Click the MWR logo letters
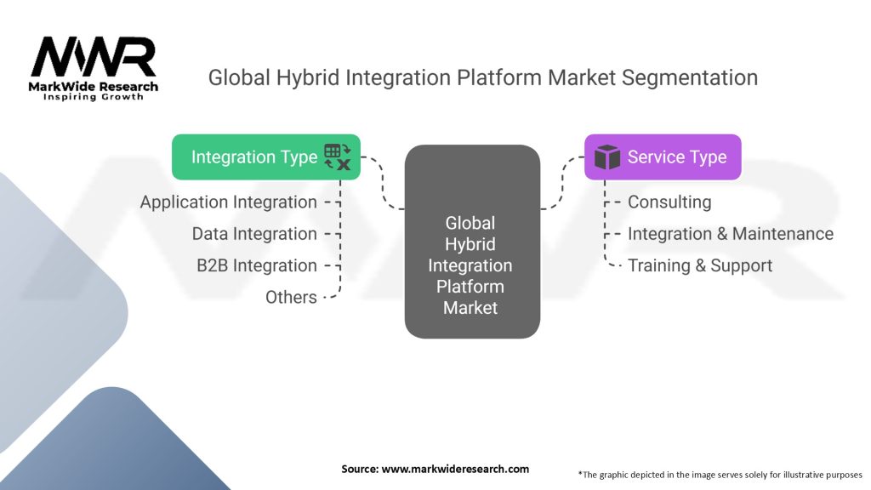(94, 57)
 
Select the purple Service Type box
(662, 157)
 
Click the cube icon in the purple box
(607, 157)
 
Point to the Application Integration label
(228, 202)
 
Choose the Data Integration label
(253, 234)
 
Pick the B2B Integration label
(256, 265)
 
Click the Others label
(291, 297)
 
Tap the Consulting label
(669, 202)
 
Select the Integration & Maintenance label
(730, 234)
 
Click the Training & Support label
(699, 265)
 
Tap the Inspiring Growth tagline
(94, 97)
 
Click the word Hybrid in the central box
(470, 244)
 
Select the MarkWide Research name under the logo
(94, 86)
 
